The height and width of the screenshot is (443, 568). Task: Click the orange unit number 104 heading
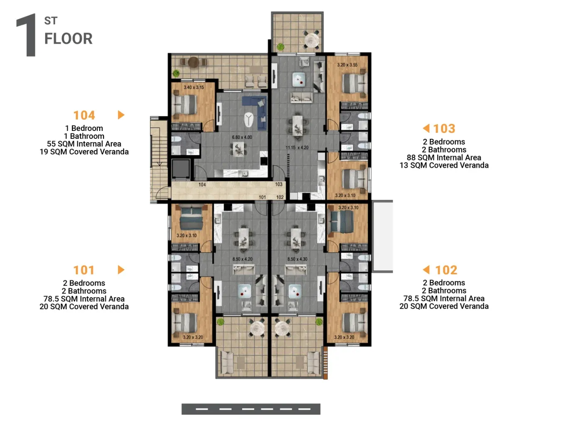84,115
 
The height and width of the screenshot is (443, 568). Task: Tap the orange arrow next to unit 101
121,270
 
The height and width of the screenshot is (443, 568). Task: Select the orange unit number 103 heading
444,128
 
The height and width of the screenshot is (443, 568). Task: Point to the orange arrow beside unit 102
426,269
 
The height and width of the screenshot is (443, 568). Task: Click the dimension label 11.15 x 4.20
297,148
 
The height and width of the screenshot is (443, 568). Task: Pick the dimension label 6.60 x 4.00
242,137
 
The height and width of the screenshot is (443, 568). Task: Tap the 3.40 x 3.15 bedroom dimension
193,87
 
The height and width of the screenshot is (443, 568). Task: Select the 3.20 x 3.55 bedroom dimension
347,65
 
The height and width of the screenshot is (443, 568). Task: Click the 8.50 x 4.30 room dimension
297,259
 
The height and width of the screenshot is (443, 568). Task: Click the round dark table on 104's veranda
193,62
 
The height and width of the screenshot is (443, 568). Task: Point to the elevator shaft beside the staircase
181,169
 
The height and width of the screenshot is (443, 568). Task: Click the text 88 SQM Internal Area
444,158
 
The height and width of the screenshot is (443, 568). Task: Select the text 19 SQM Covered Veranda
84,152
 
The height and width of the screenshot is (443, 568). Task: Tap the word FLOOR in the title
69,39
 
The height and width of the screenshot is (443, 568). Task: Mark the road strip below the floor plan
251,409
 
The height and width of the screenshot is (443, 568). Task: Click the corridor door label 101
262,197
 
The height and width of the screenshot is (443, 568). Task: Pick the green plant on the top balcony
281,47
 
